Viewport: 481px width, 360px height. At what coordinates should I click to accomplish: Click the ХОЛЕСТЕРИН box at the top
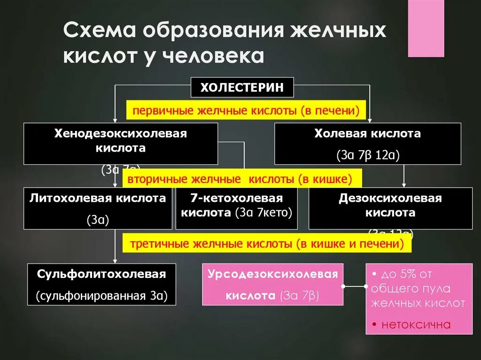click(242, 87)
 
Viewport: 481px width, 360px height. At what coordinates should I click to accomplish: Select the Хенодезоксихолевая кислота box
click(121, 143)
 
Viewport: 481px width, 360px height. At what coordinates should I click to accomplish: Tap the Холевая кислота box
click(367, 143)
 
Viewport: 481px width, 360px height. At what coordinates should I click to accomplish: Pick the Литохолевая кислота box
click(98, 208)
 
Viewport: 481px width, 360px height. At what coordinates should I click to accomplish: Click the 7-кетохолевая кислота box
click(236, 208)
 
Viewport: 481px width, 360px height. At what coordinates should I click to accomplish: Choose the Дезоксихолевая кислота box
click(390, 208)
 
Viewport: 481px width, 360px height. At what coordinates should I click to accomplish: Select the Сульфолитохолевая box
click(101, 284)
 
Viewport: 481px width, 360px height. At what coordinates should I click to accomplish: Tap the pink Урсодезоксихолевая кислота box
click(272, 284)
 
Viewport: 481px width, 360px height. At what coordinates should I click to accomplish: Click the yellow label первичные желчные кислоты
click(246, 111)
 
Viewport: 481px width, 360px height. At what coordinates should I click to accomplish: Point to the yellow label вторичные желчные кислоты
click(242, 179)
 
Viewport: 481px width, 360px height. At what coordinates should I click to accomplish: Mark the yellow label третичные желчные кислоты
click(266, 244)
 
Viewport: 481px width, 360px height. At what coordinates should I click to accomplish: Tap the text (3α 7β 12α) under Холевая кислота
click(367, 155)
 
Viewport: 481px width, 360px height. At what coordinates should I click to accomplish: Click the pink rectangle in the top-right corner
click(426, 28)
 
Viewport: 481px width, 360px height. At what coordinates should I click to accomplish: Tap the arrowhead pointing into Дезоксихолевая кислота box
click(404, 184)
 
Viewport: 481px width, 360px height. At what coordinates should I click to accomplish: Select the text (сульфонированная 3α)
click(101, 296)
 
